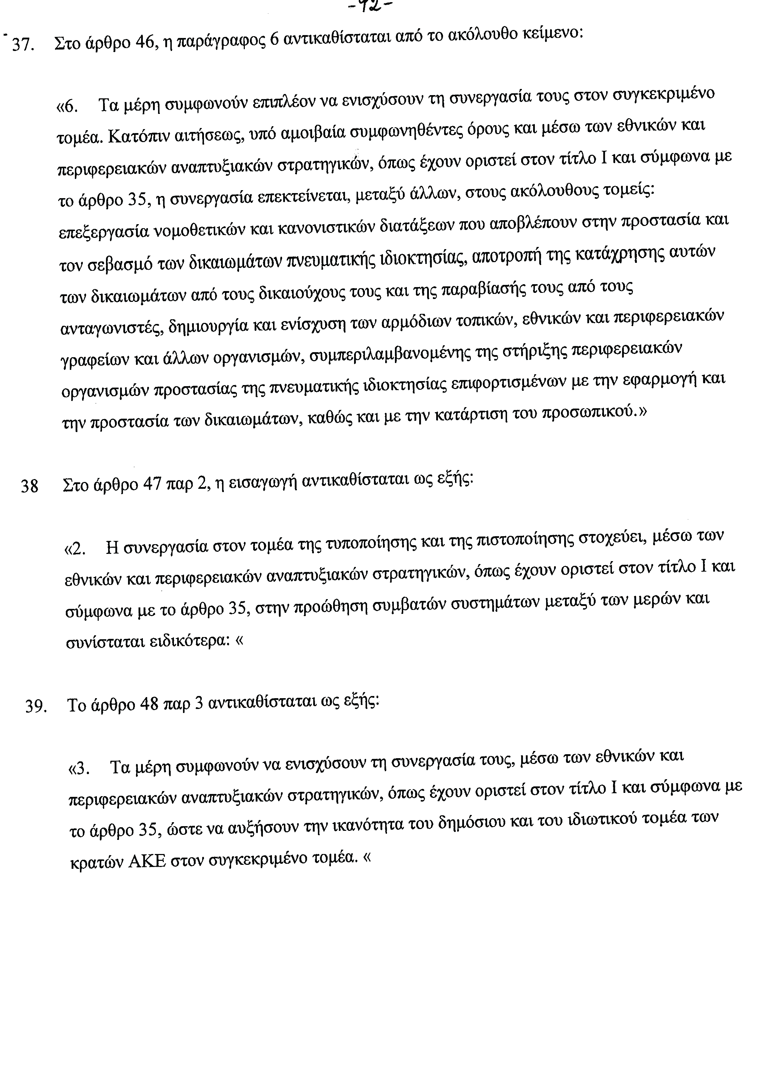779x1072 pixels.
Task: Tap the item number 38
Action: click(29, 486)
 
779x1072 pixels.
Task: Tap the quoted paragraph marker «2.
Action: click(75, 549)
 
